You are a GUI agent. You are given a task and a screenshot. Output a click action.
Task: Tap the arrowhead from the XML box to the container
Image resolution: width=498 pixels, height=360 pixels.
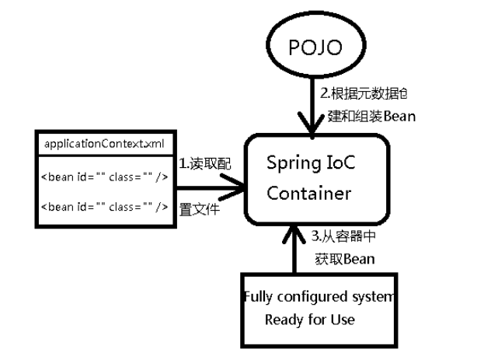point(233,186)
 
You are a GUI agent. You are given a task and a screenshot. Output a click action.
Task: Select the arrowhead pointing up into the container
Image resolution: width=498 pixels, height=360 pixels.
point(294,231)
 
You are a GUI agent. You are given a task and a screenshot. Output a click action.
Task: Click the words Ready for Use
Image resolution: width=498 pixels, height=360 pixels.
point(309,320)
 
